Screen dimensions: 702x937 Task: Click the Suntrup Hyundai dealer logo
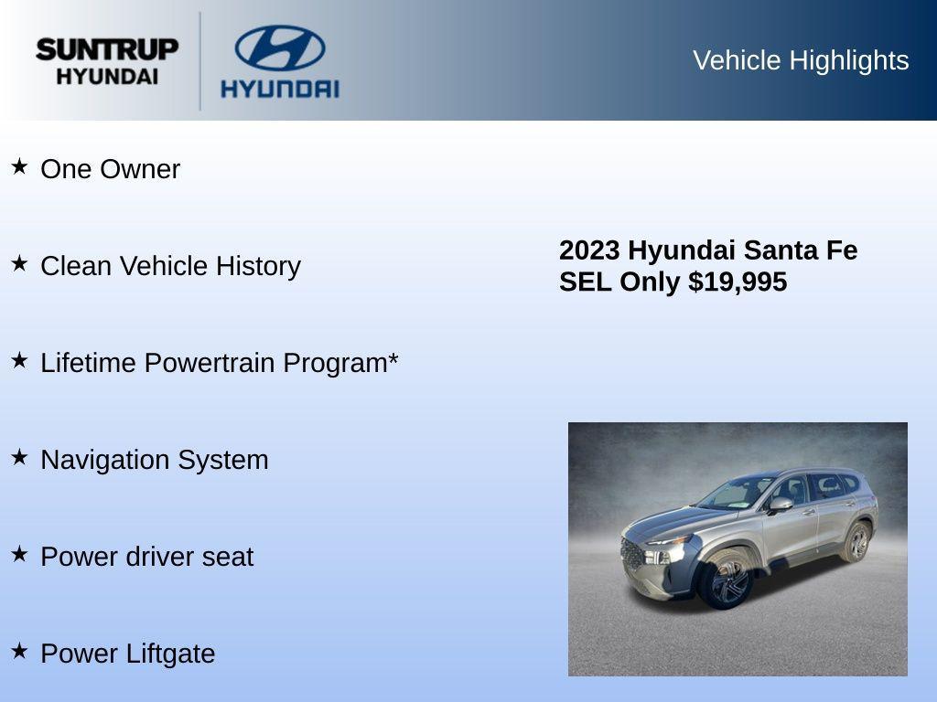107,61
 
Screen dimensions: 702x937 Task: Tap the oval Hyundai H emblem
280,48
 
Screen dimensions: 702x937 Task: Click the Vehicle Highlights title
801,60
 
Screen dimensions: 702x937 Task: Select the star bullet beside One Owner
19,166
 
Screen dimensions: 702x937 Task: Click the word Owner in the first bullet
140,169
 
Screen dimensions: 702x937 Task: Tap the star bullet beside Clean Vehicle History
19,263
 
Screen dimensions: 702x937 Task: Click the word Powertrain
210,363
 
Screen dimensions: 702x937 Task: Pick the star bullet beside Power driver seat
19,554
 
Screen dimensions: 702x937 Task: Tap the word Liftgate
172,654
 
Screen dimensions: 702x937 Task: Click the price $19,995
738,282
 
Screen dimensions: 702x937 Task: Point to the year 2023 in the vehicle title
589,250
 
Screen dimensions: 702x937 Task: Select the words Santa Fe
801,250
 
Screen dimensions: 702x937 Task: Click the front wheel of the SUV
726,582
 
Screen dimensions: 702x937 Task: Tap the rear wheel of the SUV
857,543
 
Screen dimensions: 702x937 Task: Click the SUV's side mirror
780,504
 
